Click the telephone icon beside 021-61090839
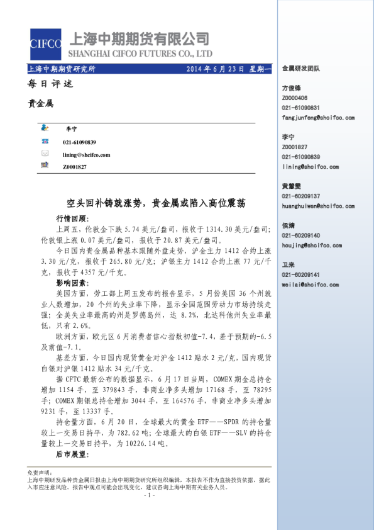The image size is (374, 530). coord(45,143)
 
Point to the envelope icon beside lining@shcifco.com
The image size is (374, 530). coord(45,154)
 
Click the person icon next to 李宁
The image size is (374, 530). coord(45,128)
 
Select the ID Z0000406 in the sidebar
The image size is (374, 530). coord(295,98)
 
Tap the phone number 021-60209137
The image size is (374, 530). coord(300,196)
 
